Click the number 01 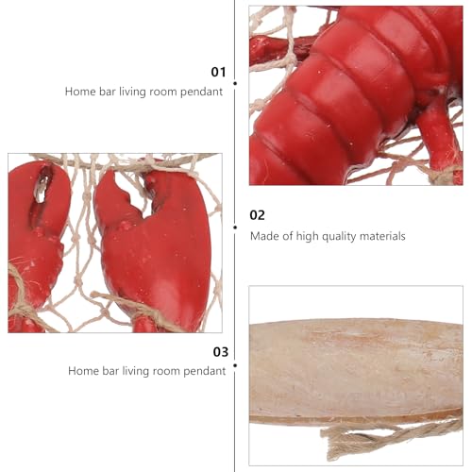[218, 72]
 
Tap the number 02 [257, 215]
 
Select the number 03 [221, 352]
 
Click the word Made [264, 236]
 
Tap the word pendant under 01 [201, 92]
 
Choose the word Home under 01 [79, 92]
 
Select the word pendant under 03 [205, 371]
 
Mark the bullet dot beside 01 [235, 83]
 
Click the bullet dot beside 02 [235, 228]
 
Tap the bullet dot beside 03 [235, 365]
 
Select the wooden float [356, 371]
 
